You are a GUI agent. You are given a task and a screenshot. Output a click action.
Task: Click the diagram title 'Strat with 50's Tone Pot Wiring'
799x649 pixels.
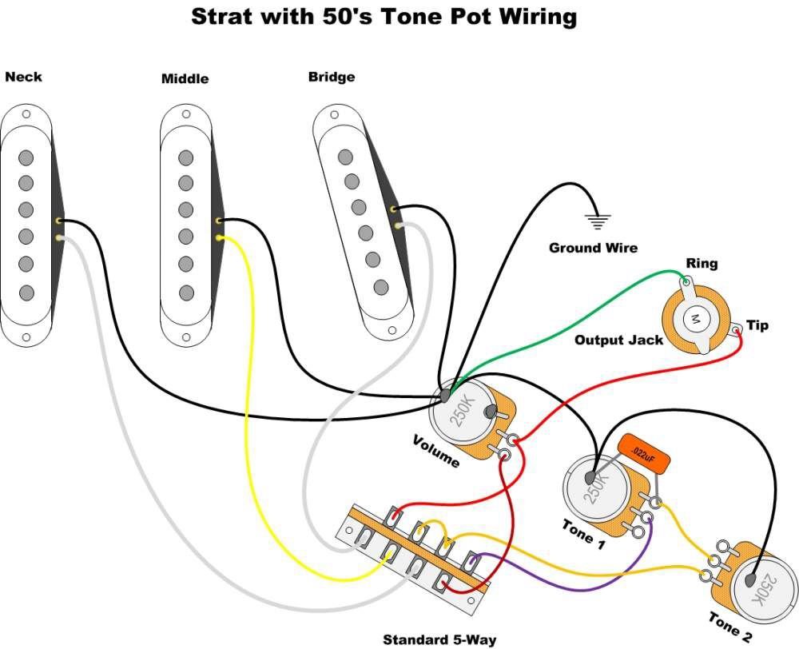[x=384, y=17]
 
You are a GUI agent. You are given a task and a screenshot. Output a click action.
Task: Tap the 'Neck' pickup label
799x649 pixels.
[x=23, y=77]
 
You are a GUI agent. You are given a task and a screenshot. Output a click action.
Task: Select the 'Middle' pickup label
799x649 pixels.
[x=185, y=78]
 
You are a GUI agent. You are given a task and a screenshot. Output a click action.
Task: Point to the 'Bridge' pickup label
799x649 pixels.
[x=331, y=77]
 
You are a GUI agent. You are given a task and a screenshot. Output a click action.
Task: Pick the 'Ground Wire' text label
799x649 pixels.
[x=593, y=248]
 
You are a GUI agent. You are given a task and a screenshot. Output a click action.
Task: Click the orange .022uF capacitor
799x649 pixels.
[x=643, y=454]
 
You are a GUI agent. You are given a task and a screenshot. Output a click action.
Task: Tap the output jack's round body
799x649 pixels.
[x=694, y=320]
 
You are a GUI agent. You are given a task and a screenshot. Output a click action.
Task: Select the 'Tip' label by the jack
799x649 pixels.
[x=757, y=325]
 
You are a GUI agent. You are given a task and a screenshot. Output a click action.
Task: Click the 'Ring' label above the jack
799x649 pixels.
[x=702, y=263]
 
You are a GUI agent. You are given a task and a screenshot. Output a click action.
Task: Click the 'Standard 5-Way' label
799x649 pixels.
[x=439, y=639]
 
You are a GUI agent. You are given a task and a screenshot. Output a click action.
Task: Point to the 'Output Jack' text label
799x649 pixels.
[x=618, y=340]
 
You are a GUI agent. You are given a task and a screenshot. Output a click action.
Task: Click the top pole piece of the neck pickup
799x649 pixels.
[x=26, y=156]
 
